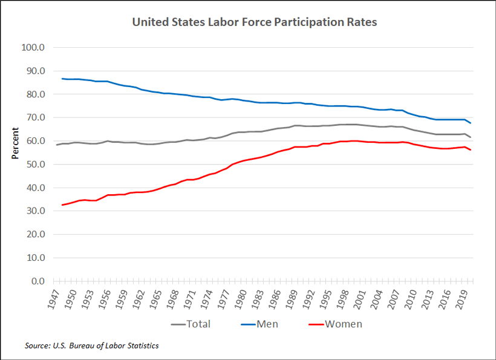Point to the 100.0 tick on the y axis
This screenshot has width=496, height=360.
(34, 47)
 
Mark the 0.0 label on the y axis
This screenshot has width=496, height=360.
(38, 281)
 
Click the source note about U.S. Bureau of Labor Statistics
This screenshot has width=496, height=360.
(91, 345)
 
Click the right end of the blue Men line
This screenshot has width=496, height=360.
(471, 123)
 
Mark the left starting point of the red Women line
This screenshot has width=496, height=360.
(62, 205)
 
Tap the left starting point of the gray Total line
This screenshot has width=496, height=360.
(56, 145)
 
